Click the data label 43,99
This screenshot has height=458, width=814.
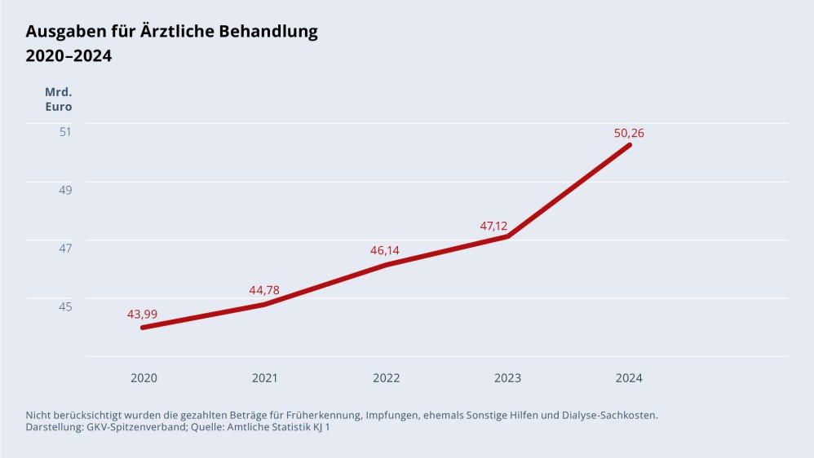143,314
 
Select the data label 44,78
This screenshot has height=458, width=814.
264,290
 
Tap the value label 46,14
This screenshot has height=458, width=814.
385,250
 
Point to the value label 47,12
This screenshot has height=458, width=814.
493,226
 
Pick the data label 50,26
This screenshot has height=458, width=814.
629,133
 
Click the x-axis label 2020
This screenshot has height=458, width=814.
144,378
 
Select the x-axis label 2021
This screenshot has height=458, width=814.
264,378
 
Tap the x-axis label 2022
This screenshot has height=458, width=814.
386,378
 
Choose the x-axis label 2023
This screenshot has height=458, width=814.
507,378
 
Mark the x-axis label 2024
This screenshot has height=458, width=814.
629,378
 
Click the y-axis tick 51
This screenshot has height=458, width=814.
65,131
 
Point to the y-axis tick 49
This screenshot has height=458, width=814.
65,190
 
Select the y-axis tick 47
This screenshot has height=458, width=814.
65,248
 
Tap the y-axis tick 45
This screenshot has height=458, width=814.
65,306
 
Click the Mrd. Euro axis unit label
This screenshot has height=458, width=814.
58,99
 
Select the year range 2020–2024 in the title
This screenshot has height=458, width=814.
69,56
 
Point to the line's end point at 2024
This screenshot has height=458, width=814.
629,145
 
